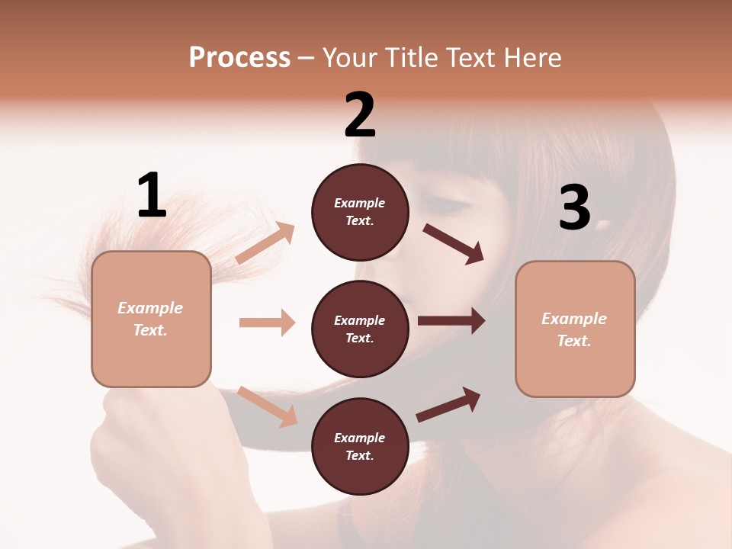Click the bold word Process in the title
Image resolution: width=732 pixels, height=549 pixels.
[239, 57]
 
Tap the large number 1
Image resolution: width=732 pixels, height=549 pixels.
[152, 195]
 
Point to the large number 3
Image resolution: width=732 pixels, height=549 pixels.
[574, 208]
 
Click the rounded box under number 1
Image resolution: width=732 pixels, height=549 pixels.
[151, 319]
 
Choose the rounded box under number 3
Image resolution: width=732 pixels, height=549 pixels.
[575, 329]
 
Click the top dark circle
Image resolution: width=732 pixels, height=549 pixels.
[360, 212]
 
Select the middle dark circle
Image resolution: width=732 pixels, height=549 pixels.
[360, 329]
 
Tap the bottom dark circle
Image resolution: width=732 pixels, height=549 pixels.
[360, 446]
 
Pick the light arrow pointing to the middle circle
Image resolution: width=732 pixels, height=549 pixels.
[267, 323]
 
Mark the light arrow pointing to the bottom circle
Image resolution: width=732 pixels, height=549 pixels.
[267, 406]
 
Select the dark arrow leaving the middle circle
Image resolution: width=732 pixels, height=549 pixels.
[451, 321]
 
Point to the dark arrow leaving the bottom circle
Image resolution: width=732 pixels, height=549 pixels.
[448, 405]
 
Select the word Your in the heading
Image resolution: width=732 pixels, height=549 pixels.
[351, 57]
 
